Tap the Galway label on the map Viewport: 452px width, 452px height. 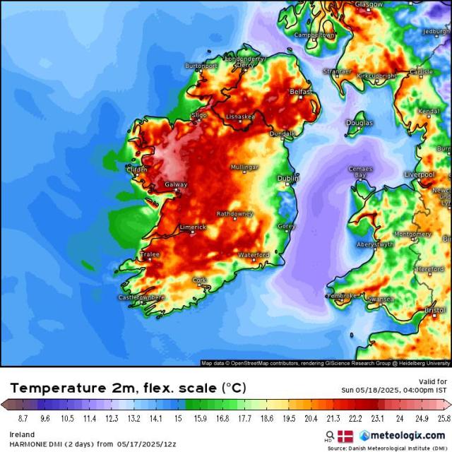tap(175, 184)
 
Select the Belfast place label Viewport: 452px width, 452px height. tap(301, 92)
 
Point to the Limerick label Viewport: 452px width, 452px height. tap(193, 227)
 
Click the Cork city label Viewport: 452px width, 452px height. tap(200, 280)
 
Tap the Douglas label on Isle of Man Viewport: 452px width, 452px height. tap(359, 123)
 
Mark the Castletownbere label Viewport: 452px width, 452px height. tap(141, 297)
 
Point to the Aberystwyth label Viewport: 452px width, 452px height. tap(376, 244)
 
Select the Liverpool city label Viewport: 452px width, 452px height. tap(419, 174)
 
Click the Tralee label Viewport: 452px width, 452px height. tap(150, 254)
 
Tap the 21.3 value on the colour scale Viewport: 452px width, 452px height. tap(334, 418)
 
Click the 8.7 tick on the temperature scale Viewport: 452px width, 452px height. tap(12, 418)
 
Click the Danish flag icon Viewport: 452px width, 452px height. tap(345, 436)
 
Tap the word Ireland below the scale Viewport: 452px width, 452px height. tap(22, 434)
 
